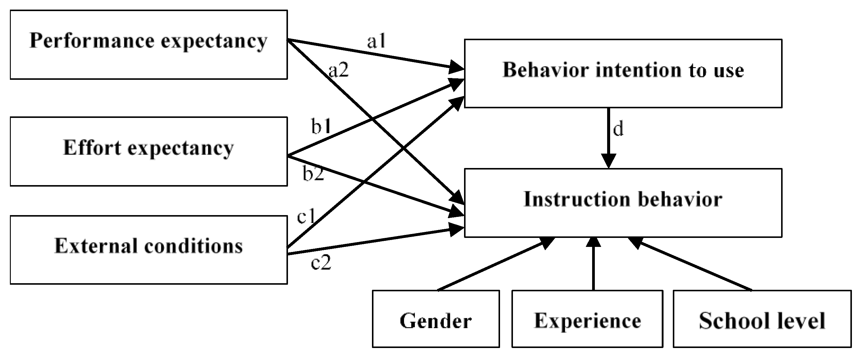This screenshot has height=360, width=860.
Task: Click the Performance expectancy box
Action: click(x=148, y=44)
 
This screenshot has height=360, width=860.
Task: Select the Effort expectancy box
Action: click(x=148, y=151)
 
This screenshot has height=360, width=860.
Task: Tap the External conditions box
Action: click(x=148, y=250)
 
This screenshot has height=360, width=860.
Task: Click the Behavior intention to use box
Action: click(x=623, y=73)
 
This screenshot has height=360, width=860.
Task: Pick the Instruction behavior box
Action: click(x=623, y=202)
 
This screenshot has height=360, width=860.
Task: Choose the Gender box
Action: click(x=436, y=319)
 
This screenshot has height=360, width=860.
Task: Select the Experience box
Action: click(x=587, y=319)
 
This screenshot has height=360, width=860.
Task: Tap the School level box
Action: click(x=762, y=319)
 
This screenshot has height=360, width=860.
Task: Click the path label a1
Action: click(x=376, y=42)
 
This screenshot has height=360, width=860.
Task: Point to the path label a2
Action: click(x=338, y=70)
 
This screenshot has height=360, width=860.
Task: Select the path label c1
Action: click(x=306, y=216)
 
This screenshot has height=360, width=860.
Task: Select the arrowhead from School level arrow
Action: click(x=635, y=242)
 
